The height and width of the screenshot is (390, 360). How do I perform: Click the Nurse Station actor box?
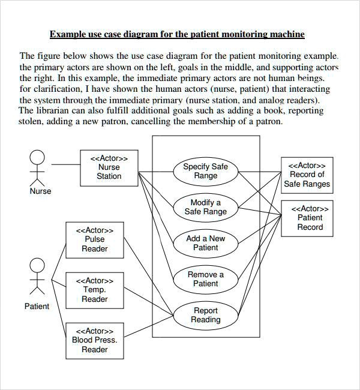(x=109, y=167)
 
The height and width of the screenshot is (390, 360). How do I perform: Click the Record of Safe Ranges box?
(x=307, y=175)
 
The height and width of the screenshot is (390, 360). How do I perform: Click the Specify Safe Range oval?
(x=205, y=171)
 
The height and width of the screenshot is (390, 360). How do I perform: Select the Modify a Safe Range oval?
(x=205, y=207)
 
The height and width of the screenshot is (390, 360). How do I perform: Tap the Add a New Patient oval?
(x=205, y=242)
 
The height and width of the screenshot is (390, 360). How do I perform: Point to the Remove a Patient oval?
(x=205, y=279)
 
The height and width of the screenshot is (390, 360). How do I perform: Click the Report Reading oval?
(x=205, y=315)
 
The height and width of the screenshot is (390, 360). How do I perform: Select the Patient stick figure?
(x=37, y=277)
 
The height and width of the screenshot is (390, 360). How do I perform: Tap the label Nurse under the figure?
(x=40, y=191)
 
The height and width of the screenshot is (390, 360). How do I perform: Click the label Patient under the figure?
(x=37, y=307)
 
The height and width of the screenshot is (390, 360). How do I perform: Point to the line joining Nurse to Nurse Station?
(x=65, y=164)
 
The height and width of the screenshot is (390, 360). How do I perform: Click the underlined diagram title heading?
(x=177, y=34)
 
